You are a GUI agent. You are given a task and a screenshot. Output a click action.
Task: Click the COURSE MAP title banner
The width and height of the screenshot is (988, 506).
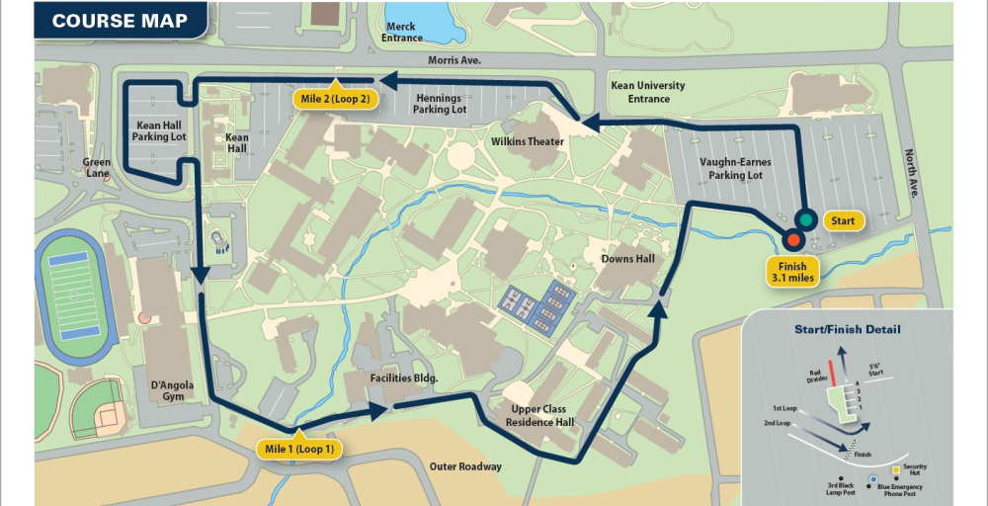[119, 21]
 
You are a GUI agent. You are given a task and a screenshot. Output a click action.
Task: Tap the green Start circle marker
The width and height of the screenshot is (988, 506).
[806, 219]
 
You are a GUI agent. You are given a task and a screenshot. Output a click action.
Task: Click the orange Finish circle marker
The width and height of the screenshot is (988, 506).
[791, 239]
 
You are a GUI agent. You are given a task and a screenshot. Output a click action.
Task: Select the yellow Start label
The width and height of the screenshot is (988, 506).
[843, 220]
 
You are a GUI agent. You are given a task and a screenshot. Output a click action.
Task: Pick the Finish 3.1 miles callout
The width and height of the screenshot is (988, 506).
[792, 272]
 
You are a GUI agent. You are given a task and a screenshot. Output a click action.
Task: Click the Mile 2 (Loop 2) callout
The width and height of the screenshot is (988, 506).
[336, 98]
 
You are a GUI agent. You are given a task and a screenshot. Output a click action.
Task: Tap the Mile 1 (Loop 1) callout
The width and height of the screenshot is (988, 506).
[298, 450]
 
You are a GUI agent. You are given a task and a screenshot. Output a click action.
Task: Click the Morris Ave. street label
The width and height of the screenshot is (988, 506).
[454, 60]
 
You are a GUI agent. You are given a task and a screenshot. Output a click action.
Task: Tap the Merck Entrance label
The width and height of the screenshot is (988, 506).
[402, 33]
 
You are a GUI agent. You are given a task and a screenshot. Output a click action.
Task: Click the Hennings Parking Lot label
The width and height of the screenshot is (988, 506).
[439, 104]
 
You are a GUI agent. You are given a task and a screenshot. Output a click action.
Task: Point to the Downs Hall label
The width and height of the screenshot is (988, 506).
[628, 259]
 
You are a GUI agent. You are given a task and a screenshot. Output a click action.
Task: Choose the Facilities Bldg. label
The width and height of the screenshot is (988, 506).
[403, 379]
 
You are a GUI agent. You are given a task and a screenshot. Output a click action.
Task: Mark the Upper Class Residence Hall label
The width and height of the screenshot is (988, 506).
[538, 415]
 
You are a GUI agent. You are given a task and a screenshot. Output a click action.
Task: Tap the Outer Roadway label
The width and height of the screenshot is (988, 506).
[465, 466]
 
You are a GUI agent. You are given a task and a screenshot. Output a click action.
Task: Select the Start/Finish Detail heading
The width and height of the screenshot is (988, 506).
[848, 329]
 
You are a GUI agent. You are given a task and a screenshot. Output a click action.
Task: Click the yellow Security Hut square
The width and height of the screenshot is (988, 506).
[895, 469]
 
